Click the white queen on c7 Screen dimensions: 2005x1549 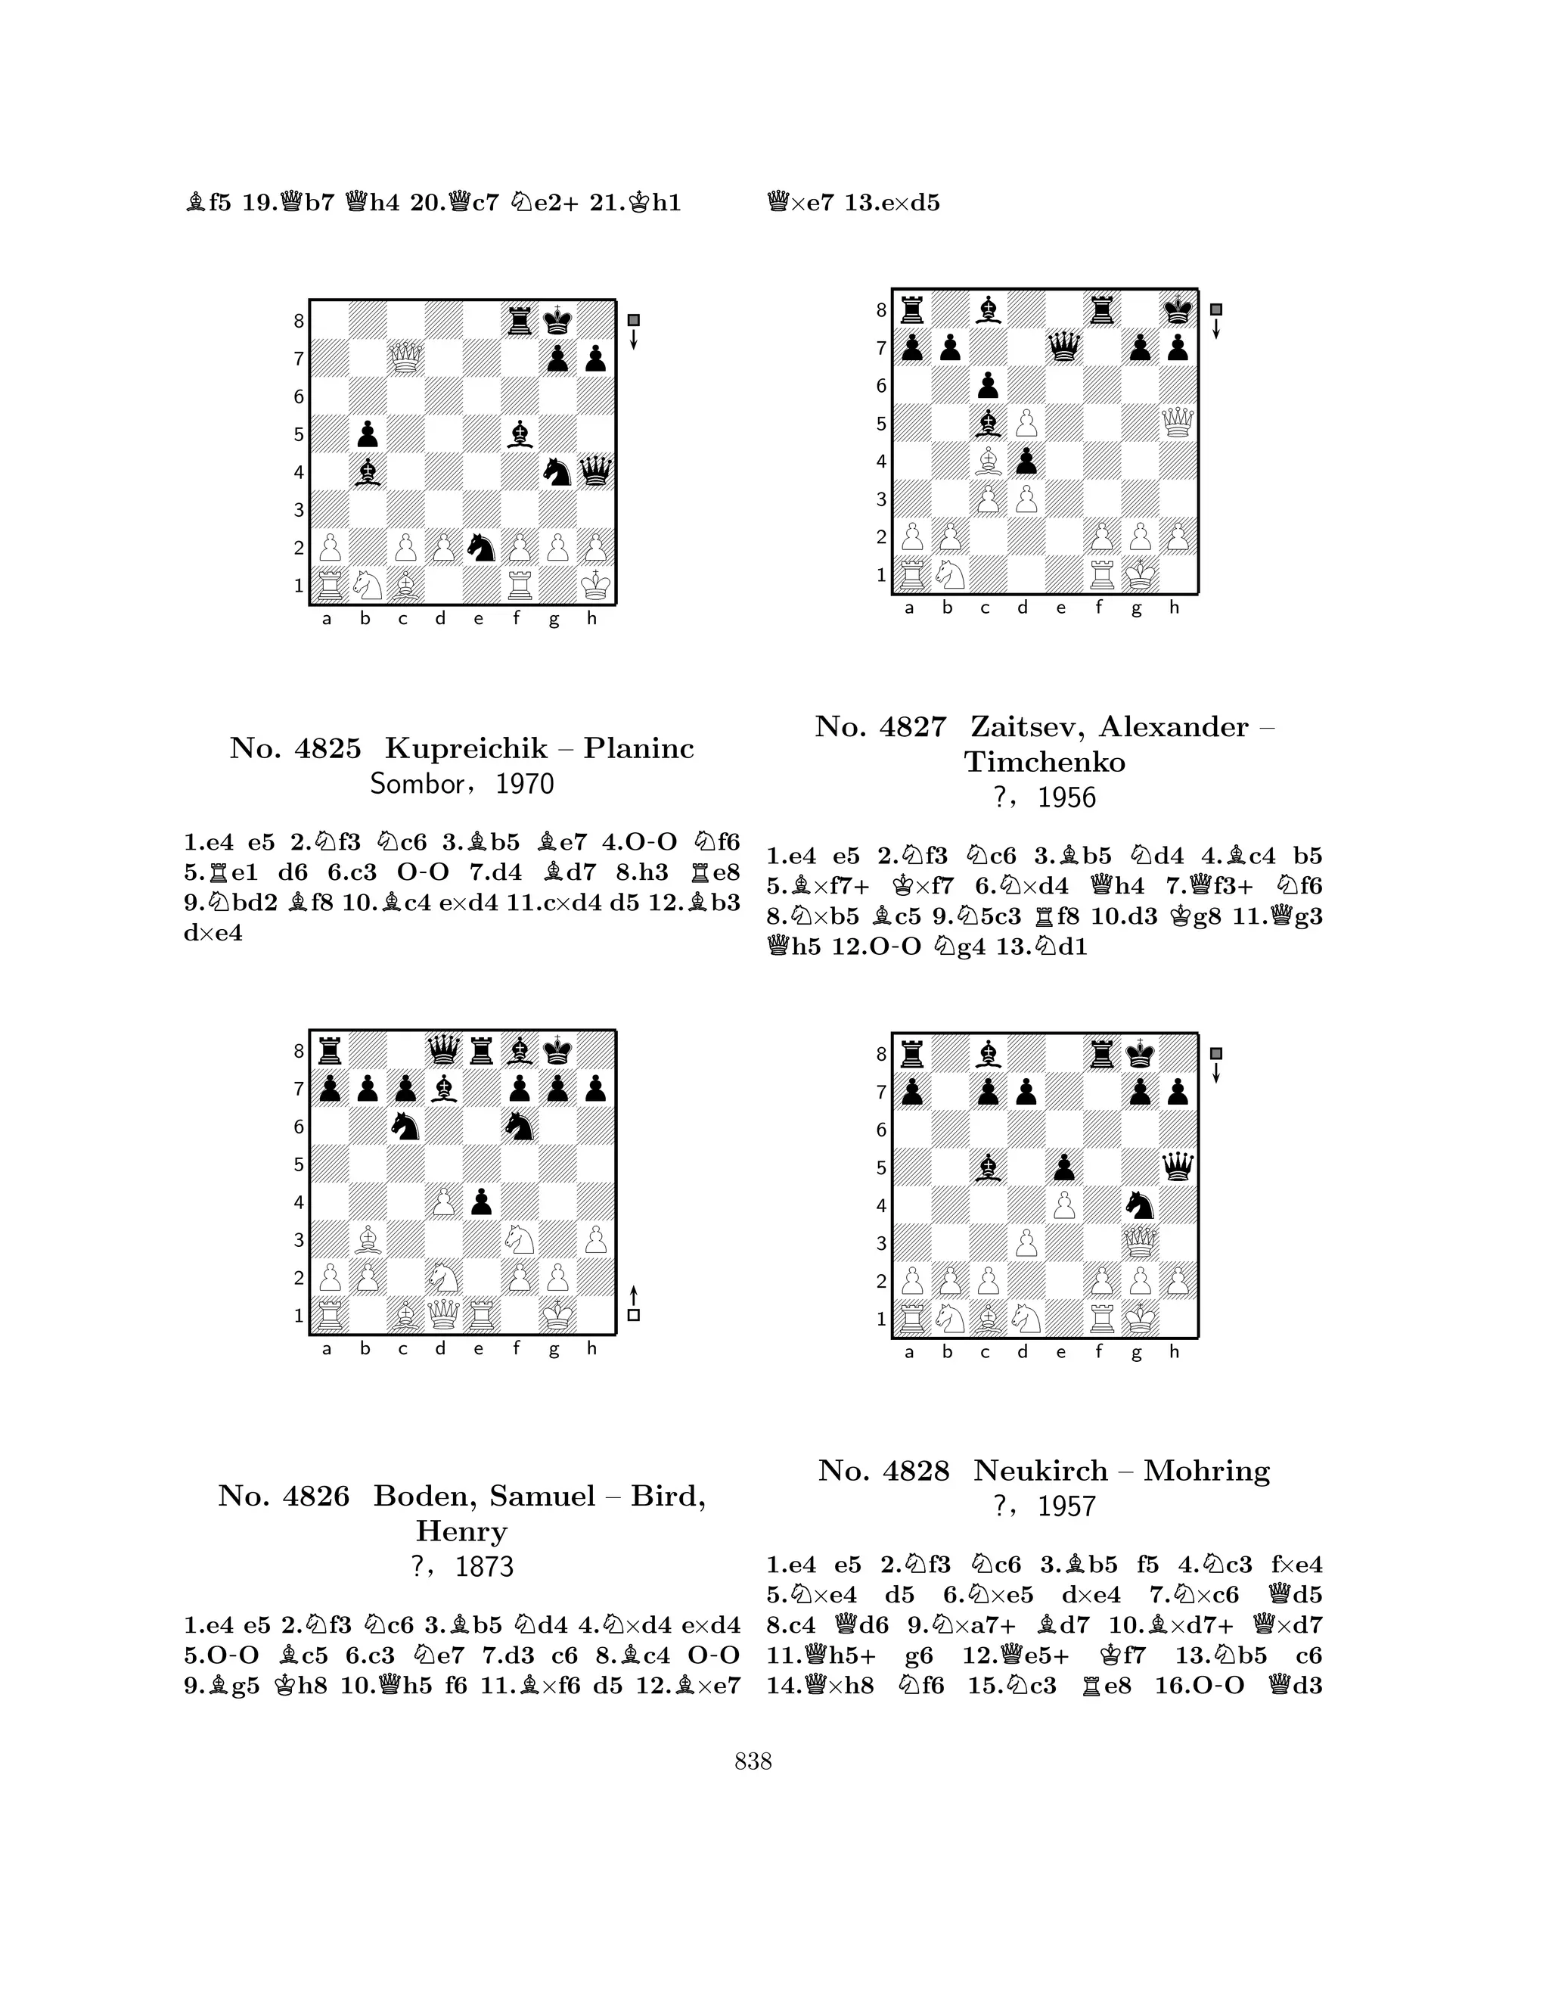tap(405, 358)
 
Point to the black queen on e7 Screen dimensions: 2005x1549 tap(1063, 348)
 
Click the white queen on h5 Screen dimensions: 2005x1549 tap(1178, 423)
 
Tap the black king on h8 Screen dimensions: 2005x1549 tap(1178, 310)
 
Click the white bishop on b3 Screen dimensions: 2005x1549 tap(367, 1239)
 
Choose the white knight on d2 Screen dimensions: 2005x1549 tap(442, 1277)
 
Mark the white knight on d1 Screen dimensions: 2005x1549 tap(1026, 1318)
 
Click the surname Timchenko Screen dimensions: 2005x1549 tap(1045, 762)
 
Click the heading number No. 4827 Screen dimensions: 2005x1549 tap(879, 727)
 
